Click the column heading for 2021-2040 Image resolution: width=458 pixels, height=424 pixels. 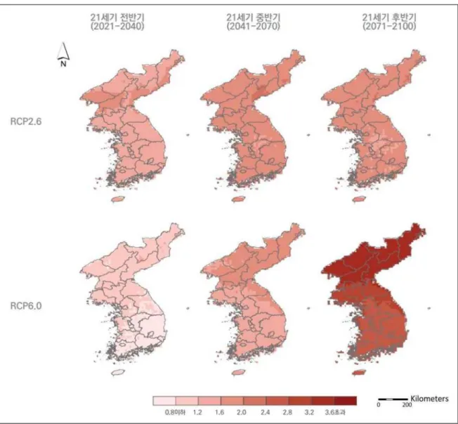117,22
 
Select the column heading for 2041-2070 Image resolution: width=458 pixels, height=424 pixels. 253,22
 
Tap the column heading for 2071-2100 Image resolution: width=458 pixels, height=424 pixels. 389,22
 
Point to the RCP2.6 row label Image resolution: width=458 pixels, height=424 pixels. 26,121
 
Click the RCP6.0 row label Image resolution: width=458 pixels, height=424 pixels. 26,306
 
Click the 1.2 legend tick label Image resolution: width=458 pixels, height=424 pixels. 197,413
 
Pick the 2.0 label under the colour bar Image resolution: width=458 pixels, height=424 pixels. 241,413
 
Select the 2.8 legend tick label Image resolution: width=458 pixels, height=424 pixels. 287,413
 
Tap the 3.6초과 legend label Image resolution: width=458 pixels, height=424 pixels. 335,413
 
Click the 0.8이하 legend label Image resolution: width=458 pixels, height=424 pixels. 175,413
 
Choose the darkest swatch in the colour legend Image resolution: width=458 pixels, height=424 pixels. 345,401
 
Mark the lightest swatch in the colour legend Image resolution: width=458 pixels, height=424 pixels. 164,401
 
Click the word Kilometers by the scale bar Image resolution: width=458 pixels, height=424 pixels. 429,399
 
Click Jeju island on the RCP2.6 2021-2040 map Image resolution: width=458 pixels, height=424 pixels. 118,199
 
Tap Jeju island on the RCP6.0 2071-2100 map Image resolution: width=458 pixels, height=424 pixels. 359,373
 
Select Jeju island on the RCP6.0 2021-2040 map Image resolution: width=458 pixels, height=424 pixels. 118,373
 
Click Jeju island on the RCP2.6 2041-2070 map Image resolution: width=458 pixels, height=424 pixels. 238,199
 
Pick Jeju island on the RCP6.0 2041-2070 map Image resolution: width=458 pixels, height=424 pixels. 238,373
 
